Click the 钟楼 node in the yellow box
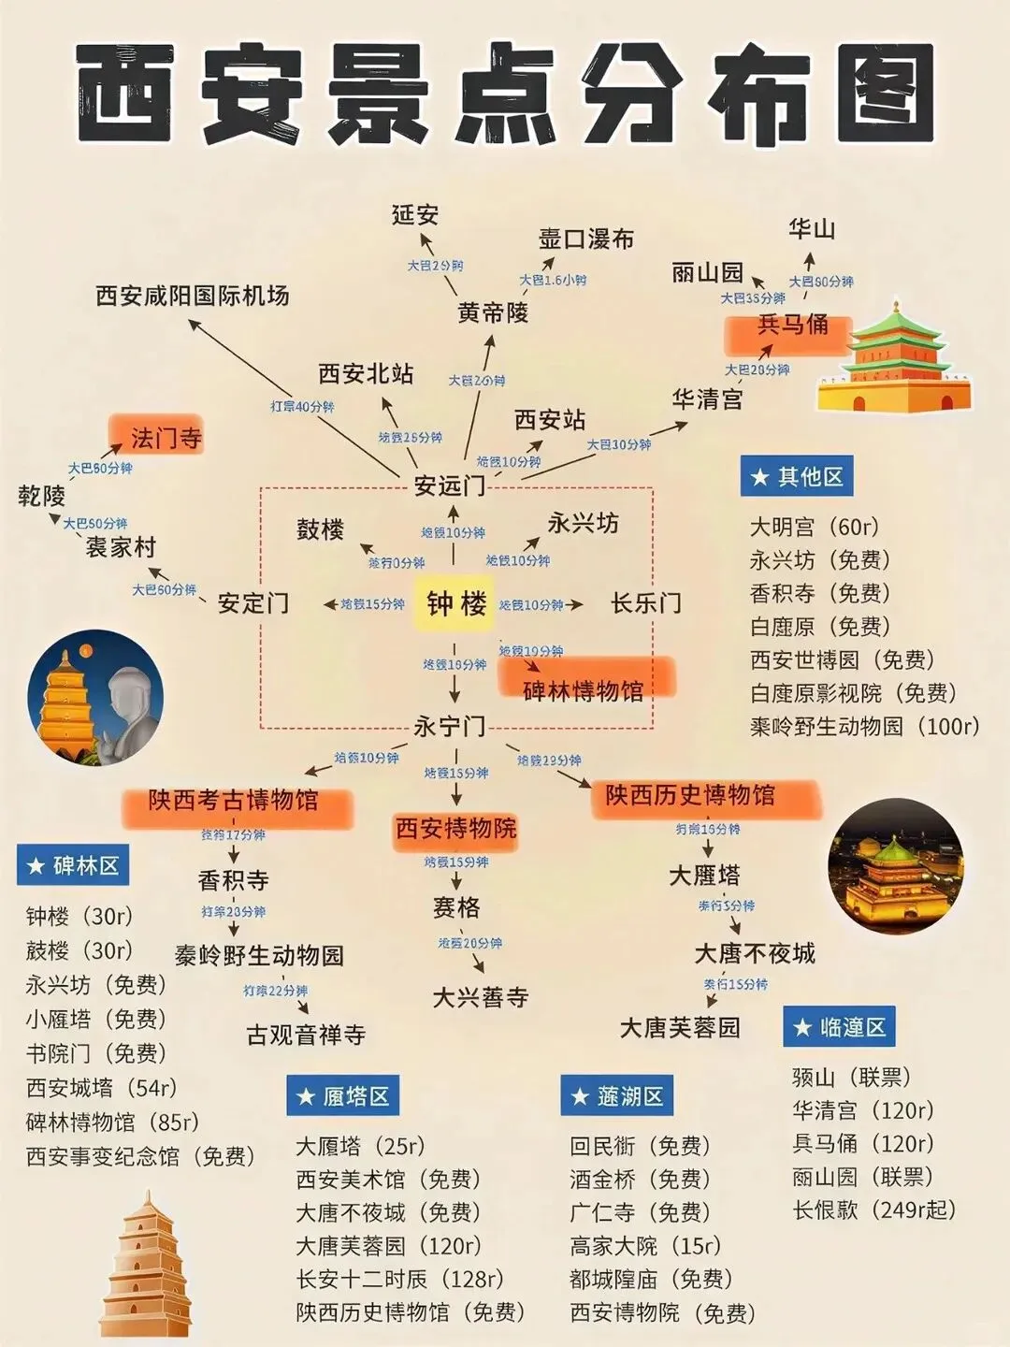(x=455, y=603)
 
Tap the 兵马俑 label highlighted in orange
(x=792, y=325)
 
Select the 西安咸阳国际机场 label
(x=193, y=296)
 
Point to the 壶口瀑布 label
(x=586, y=239)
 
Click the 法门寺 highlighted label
(x=166, y=438)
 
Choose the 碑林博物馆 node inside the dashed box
(x=584, y=690)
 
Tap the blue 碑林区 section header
(x=73, y=866)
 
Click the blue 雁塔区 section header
(x=343, y=1096)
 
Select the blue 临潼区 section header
(x=840, y=1027)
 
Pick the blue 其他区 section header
(x=797, y=477)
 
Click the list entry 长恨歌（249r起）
(x=874, y=1209)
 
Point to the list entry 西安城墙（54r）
(x=102, y=1088)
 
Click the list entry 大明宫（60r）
(x=815, y=528)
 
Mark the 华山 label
(x=811, y=229)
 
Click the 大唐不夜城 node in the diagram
(x=755, y=953)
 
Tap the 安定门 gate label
(x=252, y=603)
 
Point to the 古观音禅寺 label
(x=306, y=1035)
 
